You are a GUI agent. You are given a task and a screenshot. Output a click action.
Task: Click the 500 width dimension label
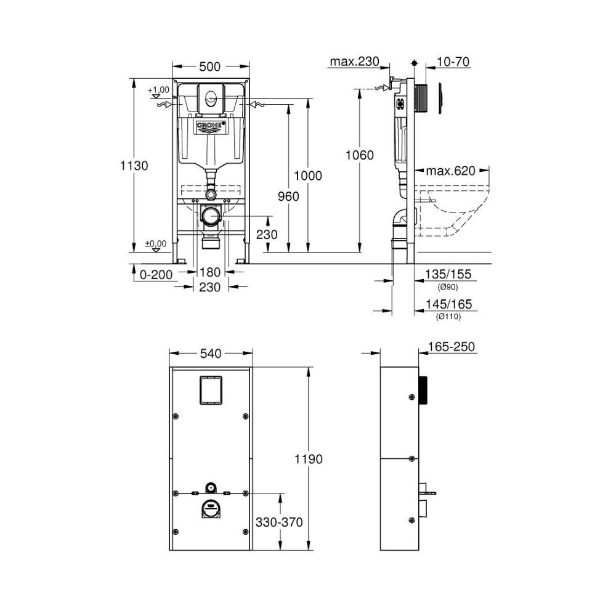pyautogui.click(x=210, y=67)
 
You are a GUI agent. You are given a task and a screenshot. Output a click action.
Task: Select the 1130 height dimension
pyautogui.click(x=134, y=165)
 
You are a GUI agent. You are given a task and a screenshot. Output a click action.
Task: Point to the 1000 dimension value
pyautogui.click(x=308, y=176)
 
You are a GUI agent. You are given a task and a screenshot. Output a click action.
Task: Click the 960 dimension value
pyautogui.click(x=288, y=196)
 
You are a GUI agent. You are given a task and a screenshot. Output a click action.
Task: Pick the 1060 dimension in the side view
pyautogui.click(x=360, y=155)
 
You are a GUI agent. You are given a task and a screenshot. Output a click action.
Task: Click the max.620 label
pyautogui.click(x=451, y=171)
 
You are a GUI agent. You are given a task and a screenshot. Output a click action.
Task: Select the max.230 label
pyautogui.click(x=354, y=61)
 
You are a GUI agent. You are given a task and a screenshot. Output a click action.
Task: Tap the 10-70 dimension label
pyautogui.click(x=453, y=62)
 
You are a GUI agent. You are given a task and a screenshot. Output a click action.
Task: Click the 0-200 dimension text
pyautogui.click(x=156, y=275)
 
